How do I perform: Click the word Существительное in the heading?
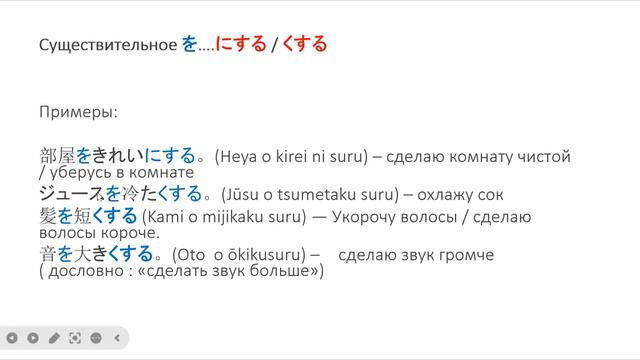pos(108,45)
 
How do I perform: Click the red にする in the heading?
pos(244,45)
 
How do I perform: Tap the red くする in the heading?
pos(306,45)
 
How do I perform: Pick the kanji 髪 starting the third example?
pos(47,216)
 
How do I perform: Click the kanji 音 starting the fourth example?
pos(47,254)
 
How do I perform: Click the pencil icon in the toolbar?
pos(54,338)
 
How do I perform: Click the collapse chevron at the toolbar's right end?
pos(117,338)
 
